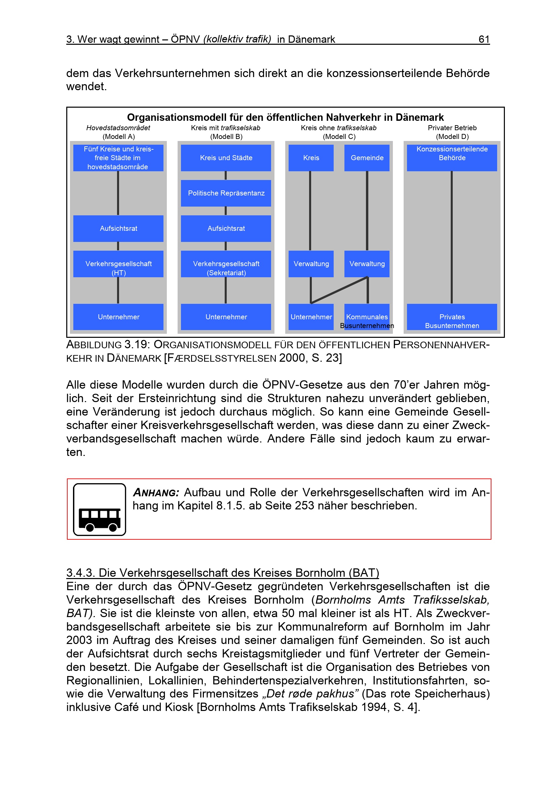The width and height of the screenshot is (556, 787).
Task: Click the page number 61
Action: click(483, 39)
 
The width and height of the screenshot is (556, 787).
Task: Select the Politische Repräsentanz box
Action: click(226, 193)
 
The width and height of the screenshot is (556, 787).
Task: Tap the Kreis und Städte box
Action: click(226, 158)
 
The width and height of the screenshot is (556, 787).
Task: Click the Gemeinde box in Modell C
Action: click(367, 158)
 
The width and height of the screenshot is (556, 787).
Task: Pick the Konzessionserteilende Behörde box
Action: click(451, 158)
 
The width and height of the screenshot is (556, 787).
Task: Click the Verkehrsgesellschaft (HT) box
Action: click(118, 263)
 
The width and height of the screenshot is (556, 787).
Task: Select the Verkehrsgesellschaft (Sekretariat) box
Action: click(226, 263)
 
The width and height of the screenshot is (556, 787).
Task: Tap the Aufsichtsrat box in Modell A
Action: click(118, 228)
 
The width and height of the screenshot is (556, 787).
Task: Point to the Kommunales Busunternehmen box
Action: click(367, 317)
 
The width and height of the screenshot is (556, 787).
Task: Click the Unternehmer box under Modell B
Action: click(226, 317)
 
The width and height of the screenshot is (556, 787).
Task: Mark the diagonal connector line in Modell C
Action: click(339, 290)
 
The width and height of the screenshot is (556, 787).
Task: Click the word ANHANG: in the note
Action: click(156, 493)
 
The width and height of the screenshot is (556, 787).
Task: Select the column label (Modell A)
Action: click(118, 136)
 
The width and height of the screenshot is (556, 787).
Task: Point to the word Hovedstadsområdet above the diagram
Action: click(118, 128)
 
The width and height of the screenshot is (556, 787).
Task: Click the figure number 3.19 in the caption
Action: click(137, 345)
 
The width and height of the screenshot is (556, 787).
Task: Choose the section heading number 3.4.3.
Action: click(80, 573)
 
